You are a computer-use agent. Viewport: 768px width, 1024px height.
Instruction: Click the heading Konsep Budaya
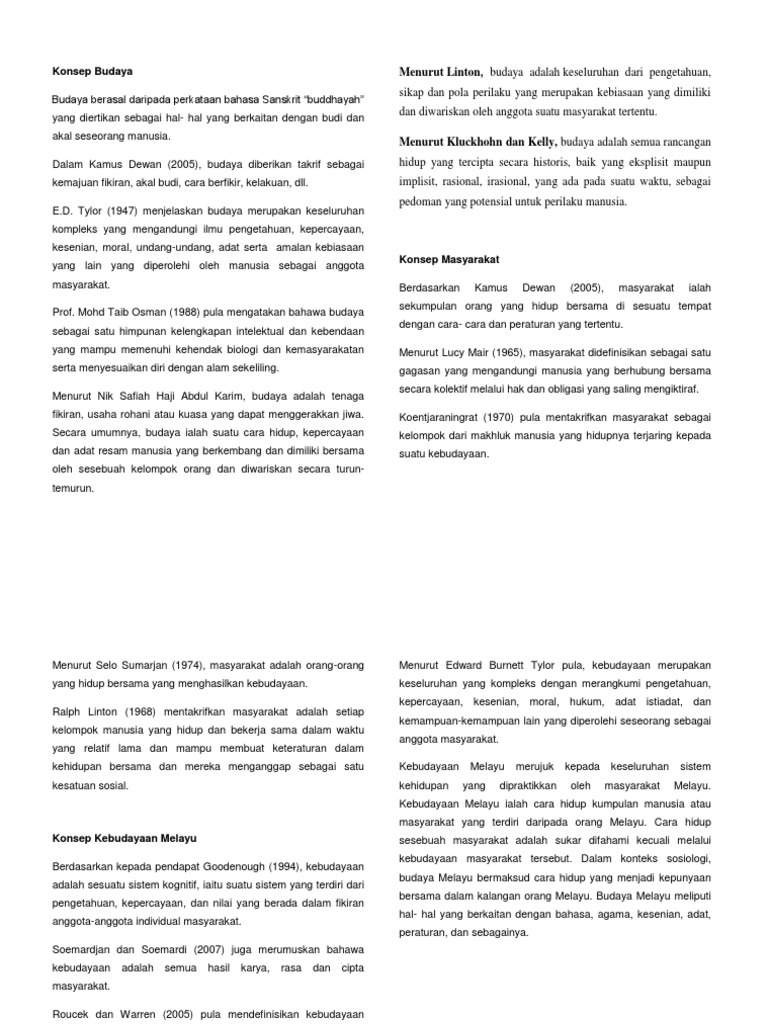click(x=92, y=71)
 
